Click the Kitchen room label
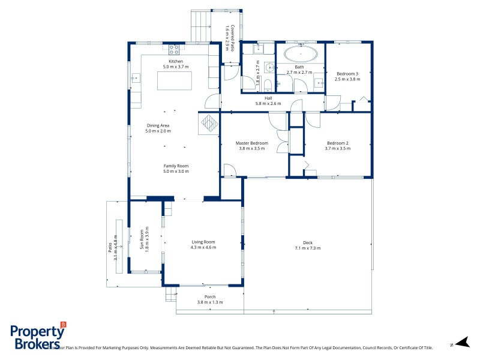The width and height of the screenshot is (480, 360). click(175, 61)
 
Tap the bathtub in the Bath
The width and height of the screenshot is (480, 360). click(300, 54)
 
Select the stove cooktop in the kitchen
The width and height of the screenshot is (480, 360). click(175, 49)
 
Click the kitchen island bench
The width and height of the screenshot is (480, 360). click(175, 80)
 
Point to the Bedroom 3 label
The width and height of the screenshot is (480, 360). click(347, 73)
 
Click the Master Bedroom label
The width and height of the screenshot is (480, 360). click(251, 143)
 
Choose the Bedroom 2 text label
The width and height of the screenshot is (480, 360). click(337, 143)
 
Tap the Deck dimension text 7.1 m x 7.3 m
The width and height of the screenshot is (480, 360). click(307, 248)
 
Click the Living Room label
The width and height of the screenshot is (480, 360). click(203, 242)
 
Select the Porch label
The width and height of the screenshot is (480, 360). click(210, 297)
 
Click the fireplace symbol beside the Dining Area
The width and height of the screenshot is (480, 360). click(209, 124)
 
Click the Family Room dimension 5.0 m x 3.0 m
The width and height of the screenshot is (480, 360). click(176, 172)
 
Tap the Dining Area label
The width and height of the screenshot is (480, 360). click(158, 125)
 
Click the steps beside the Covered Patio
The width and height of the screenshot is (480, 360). click(199, 26)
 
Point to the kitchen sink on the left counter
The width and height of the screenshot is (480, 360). click(135, 77)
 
